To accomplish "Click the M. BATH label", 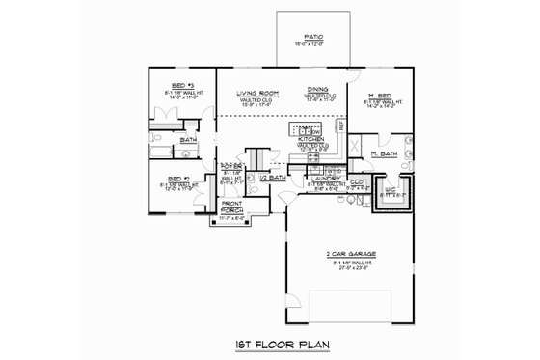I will click(x=384, y=153).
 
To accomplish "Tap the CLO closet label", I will click(x=355, y=180).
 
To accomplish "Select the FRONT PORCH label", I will click(x=232, y=209).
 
